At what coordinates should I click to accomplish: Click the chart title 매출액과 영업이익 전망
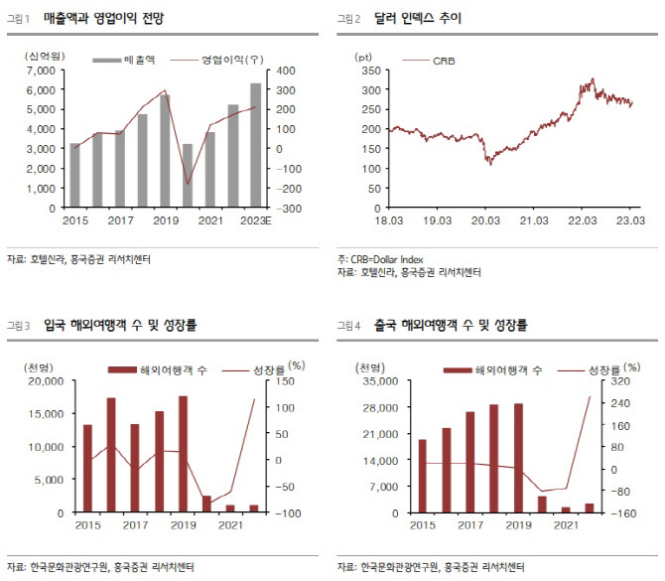point(103,18)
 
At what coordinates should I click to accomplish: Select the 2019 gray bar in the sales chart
point(165,151)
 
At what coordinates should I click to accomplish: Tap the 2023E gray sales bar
point(255,145)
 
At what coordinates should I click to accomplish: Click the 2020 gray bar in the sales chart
point(188,176)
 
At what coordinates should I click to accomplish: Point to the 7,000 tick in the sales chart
point(41,71)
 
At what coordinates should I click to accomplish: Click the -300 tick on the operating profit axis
point(289,209)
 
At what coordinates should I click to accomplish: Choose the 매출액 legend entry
point(124,60)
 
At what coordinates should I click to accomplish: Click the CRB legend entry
point(429,61)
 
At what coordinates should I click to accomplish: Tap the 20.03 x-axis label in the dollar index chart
point(485,220)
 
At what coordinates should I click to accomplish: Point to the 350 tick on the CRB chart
point(371,71)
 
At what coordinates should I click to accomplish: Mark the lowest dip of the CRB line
point(490,164)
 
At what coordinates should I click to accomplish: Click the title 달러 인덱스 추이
point(417,18)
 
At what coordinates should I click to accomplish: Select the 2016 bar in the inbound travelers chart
point(111,455)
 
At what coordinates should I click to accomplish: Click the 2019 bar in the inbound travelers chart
point(183,454)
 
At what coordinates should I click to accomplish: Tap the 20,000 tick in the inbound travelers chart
point(46,381)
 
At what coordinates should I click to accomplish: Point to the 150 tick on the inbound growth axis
point(285,381)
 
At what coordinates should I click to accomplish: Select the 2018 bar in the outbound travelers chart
point(493,459)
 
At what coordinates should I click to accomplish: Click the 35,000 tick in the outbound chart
point(380,381)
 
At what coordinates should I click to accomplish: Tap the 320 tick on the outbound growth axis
point(620,381)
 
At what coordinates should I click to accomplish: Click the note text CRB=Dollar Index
point(387,259)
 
